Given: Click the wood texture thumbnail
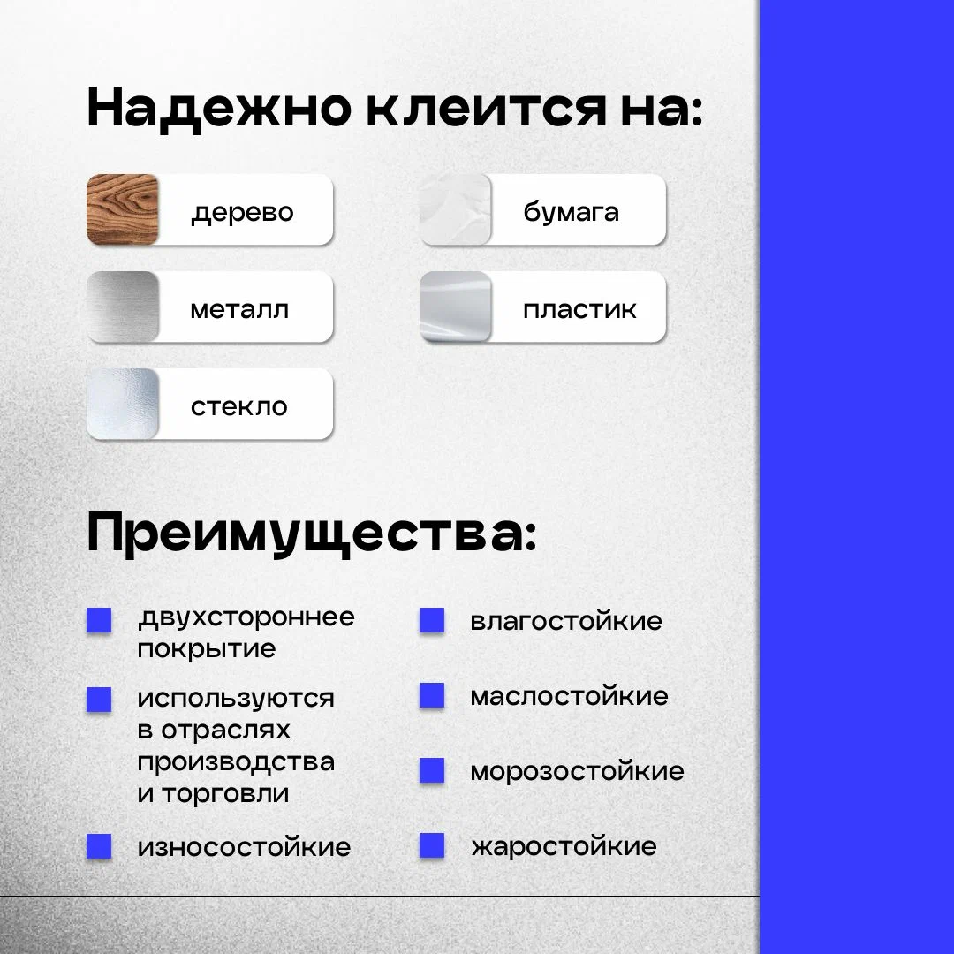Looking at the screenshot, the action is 122,209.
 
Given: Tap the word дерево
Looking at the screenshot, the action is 242,213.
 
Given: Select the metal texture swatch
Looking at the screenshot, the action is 122,307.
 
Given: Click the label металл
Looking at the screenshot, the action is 239,310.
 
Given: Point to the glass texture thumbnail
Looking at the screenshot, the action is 122,404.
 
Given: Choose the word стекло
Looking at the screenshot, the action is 239,407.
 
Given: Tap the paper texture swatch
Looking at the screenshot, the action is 455,209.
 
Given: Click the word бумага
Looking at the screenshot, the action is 572,212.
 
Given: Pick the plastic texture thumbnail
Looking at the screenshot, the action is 455,307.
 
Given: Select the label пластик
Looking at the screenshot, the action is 579,310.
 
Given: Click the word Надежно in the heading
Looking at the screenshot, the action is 220,109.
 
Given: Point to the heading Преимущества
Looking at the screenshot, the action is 312,534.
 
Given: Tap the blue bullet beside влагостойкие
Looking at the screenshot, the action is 432,621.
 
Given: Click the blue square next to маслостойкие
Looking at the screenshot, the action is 432,695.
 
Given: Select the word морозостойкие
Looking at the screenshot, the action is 578,771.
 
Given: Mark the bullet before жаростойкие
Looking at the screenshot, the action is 432,845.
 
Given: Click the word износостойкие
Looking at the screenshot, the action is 244,847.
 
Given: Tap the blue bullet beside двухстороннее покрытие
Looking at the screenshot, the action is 99,621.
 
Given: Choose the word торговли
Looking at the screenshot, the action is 226,794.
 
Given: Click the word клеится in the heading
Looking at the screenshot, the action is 486,109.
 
